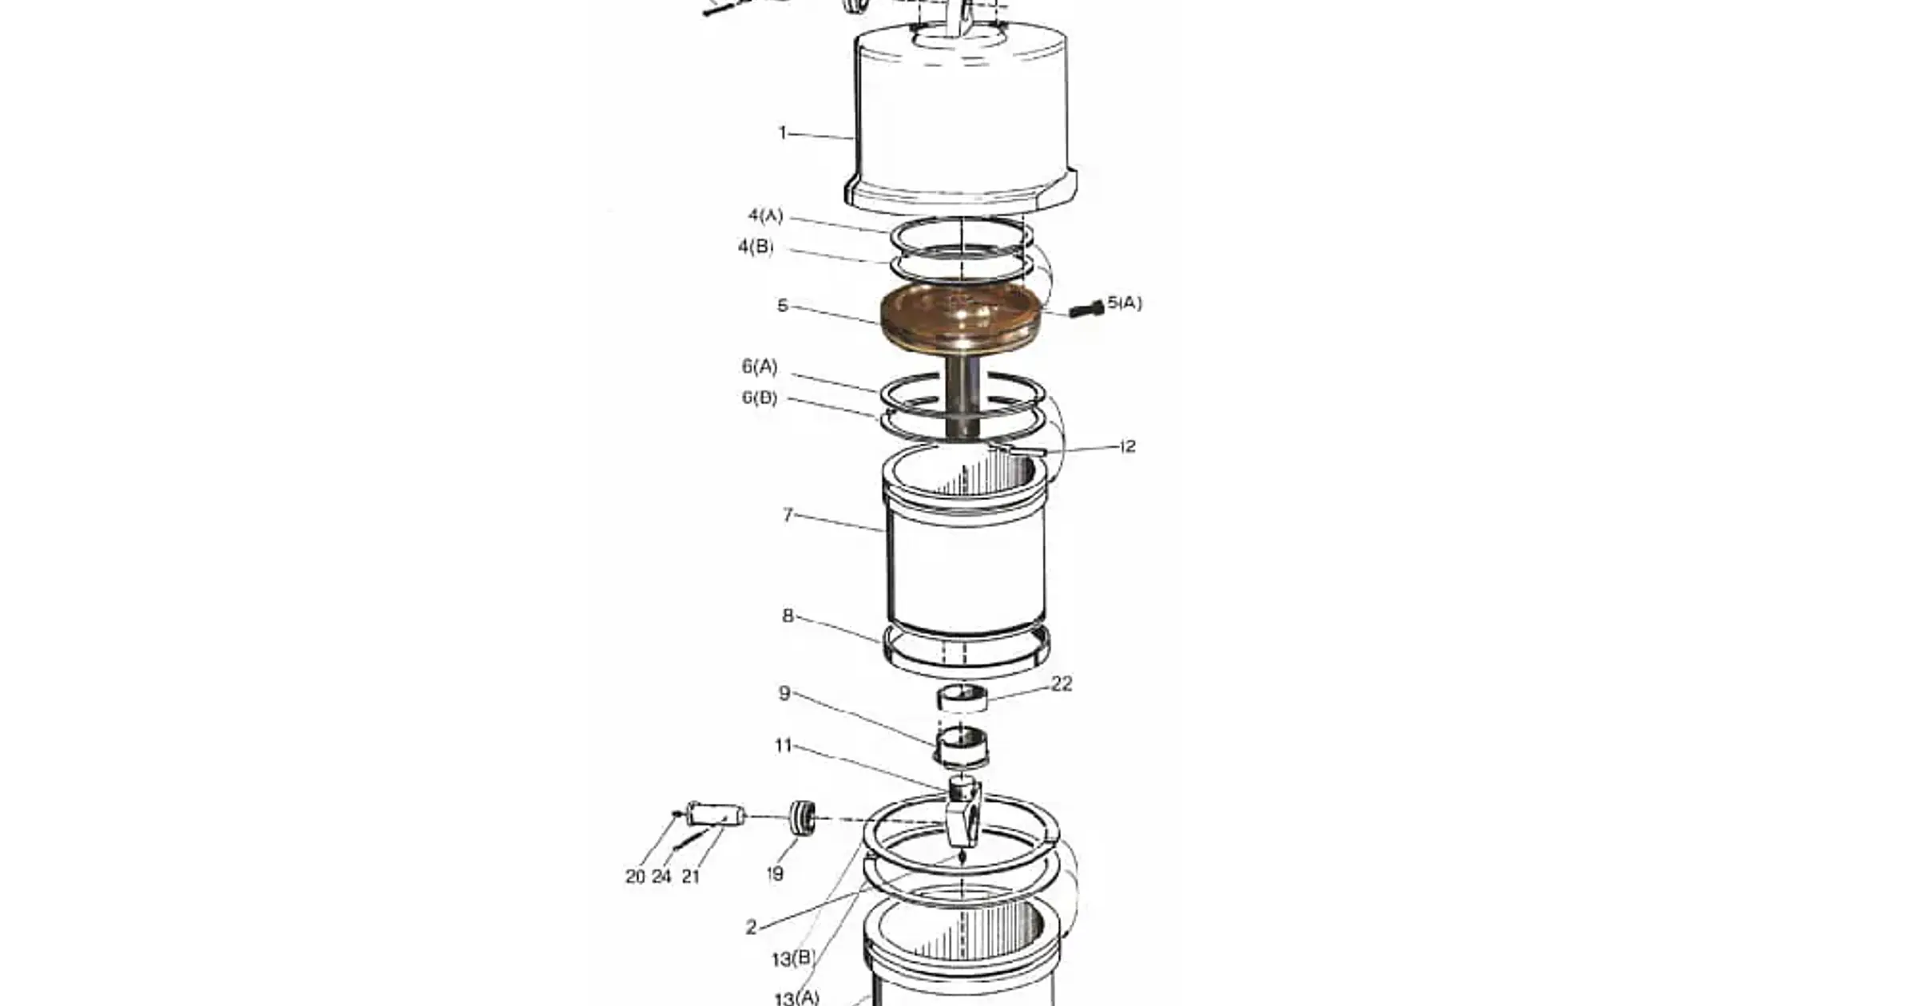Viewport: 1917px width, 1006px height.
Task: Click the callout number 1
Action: [783, 133]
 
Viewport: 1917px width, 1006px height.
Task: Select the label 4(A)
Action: [765, 216]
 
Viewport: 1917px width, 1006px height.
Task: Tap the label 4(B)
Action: [756, 247]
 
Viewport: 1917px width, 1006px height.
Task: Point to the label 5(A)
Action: [1125, 303]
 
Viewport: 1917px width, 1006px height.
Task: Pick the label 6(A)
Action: [759, 366]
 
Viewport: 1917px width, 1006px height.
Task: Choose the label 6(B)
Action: [759, 398]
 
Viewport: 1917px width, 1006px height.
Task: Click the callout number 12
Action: [1127, 446]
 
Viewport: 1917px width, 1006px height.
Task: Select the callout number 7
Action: [788, 515]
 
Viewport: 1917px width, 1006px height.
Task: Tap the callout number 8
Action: [788, 616]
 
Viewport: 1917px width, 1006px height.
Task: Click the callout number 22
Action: [1061, 684]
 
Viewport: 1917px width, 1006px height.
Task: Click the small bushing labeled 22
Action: [962, 697]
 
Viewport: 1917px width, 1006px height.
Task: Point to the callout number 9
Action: [784, 693]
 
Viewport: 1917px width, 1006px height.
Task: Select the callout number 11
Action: [783, 746]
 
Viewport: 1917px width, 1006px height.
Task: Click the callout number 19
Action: [775, 874]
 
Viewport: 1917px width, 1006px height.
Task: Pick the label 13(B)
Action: [793, 959]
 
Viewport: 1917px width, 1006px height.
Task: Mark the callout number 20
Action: [635, 877]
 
